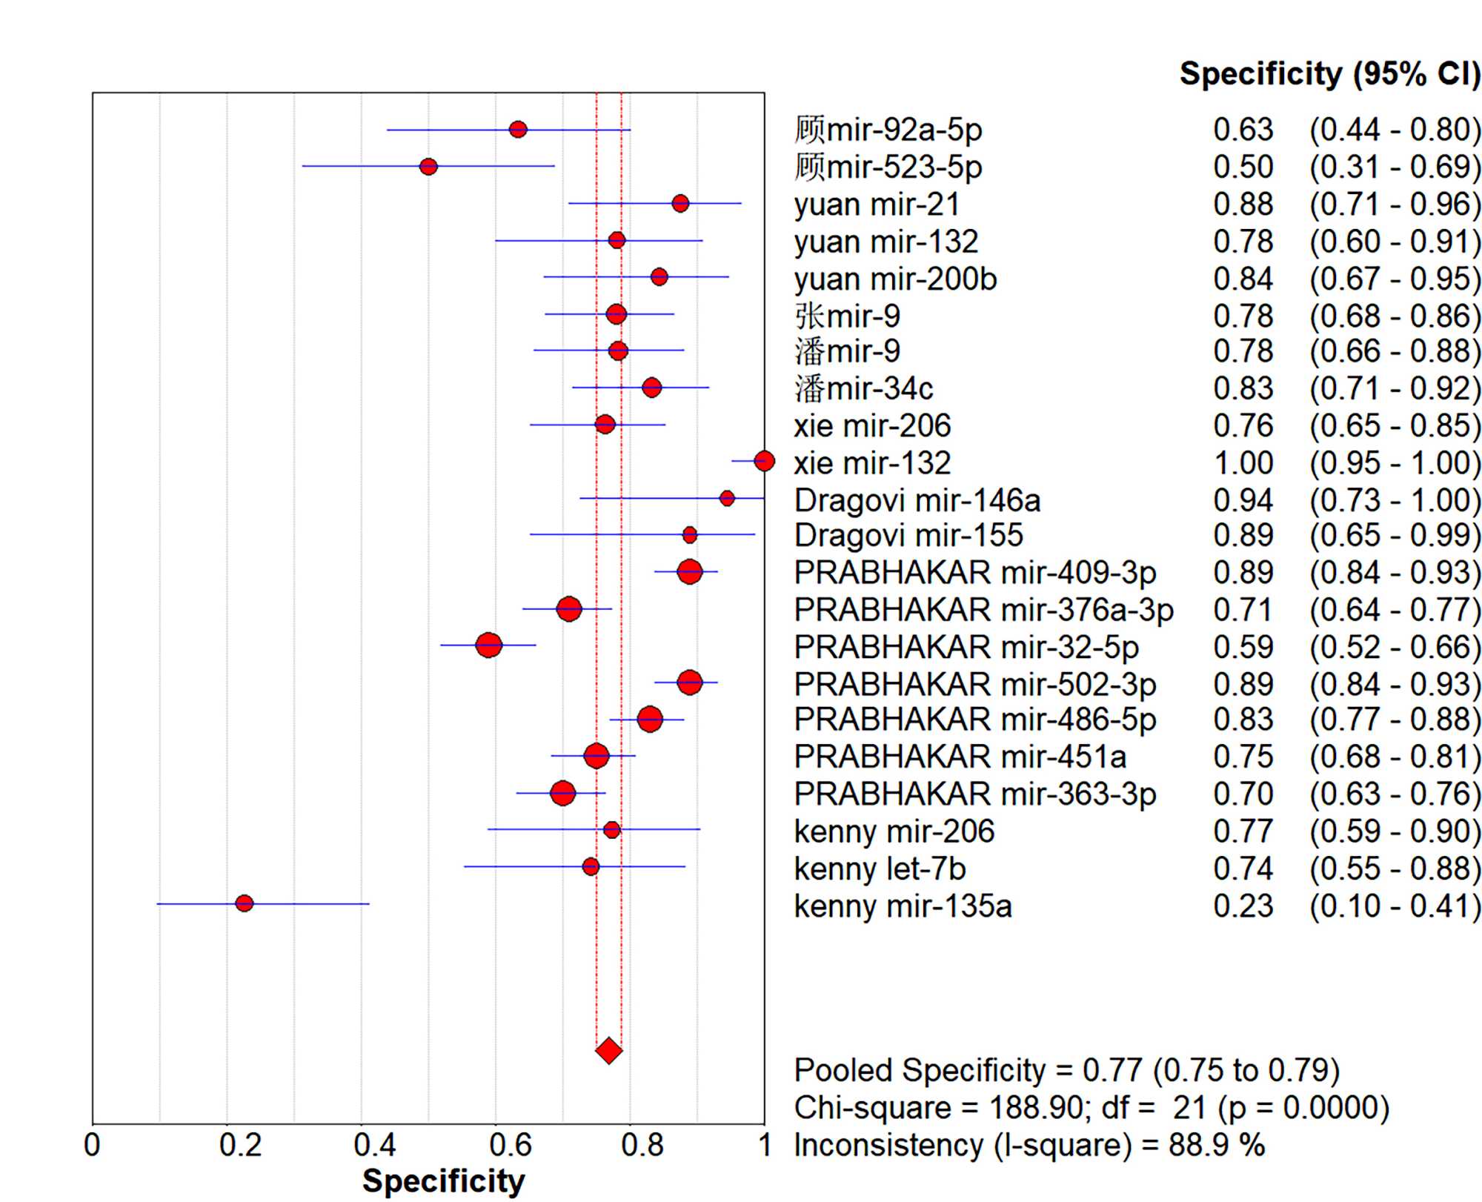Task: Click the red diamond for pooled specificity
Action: [608, 1050]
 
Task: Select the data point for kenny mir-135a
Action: [245, 903]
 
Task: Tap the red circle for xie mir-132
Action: [764, 461]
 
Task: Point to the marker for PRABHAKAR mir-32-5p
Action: [488, 645]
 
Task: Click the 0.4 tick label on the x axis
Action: [375, 1146]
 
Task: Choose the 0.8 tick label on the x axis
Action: [642, 1146]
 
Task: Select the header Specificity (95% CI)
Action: [1329, 74]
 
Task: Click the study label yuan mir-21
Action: [877, 204]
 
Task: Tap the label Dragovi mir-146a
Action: [917, 500]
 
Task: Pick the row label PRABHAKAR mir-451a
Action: [960, 757]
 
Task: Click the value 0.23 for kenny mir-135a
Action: [1243, 906]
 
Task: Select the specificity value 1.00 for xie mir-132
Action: [1243, 463]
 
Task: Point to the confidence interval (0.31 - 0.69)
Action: [1395, 167]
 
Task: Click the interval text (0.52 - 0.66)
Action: [1395, 647]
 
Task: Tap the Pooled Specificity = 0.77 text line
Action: [1066, 1070]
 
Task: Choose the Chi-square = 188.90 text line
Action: [1091, 1107]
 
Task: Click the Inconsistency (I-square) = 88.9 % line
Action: [1029, 1145]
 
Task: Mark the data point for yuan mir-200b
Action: [659, 277]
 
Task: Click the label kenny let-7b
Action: [880, 869]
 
